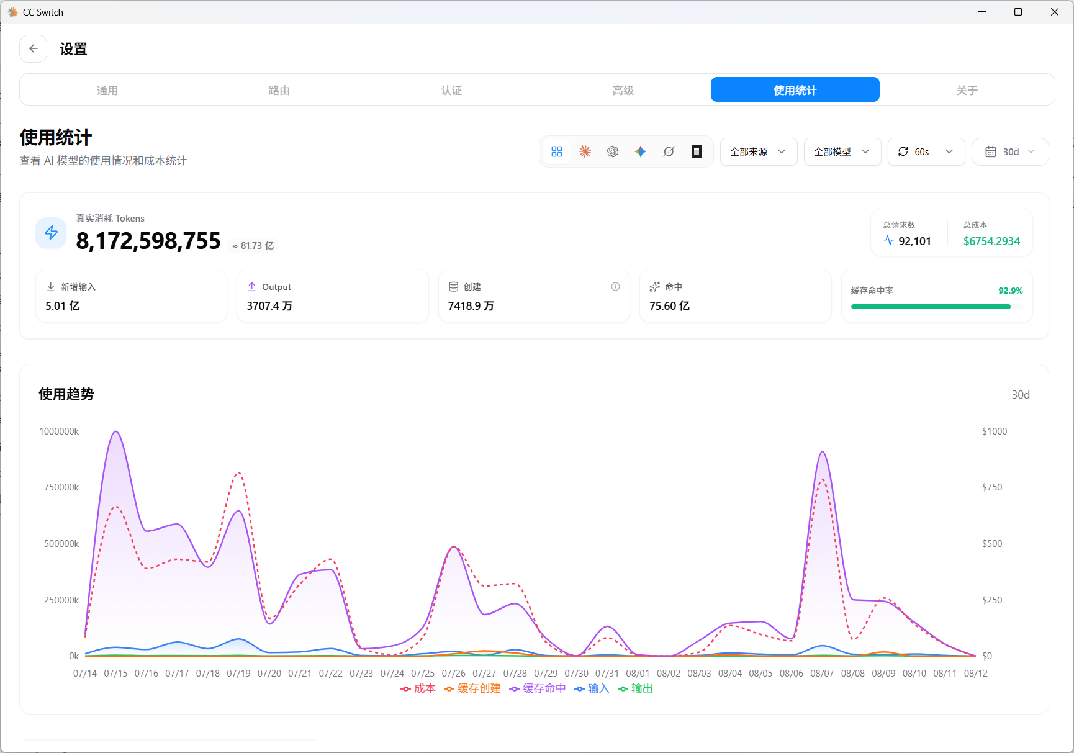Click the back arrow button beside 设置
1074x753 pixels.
click(x=34, y=48)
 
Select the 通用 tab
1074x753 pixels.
click(x=107, y=90)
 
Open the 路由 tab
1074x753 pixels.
click(x=279, y=90)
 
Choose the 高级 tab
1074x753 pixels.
click(x=623, y=90)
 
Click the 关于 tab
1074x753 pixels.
click(x=967, y=90)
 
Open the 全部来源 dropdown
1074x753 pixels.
click(x=759, y=151)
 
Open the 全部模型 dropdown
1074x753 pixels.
click(x=842, y=151)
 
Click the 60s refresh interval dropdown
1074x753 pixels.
click(x=926, y=151)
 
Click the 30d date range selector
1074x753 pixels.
click(x=1010, y=151)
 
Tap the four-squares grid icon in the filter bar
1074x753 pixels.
click(x=557, y=151)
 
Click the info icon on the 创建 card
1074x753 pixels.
click(x=615, y=286)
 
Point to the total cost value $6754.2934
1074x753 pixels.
click(x=991, y=241)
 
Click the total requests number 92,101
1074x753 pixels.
click(x=914, y=241)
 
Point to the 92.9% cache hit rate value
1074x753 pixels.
click(x=1010, y=291)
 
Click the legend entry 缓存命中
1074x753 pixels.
click(x=538, y=688)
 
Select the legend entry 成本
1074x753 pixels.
click(x=418, y=688)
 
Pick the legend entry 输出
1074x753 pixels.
click(x=635, y=688)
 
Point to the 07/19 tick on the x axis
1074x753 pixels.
click(x=238, y=674)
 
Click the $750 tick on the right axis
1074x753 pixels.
click(x=992, y=487)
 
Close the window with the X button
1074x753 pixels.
click(x=1054, y=12)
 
